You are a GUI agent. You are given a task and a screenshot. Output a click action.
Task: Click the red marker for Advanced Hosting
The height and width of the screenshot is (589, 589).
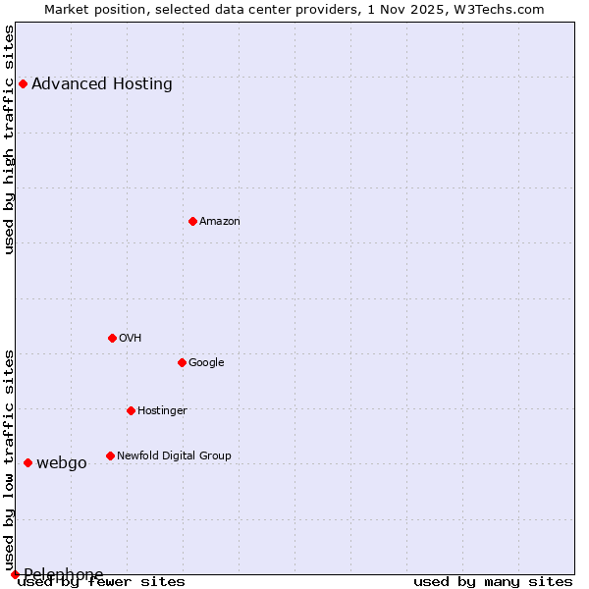click(x=23, y=83)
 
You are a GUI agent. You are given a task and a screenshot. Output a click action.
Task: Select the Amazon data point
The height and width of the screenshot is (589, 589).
click(x=192, y=221)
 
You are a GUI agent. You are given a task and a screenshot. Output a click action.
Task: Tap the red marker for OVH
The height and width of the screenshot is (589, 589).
click(x=112, y=338)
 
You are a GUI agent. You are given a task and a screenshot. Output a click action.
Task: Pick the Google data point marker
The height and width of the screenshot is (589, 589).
click(x=182, y=362)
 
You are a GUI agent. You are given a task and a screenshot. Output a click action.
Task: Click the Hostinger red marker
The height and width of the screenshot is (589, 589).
click(x=131, y=410)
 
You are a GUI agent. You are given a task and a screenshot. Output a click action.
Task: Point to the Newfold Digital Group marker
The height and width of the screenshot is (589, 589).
click(x=110, y=455)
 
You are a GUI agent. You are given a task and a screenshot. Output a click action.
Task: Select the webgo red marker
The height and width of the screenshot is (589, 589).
click(x=27, y=462)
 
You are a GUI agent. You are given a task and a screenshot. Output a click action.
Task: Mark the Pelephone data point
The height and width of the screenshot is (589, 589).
click(x=15, y=574)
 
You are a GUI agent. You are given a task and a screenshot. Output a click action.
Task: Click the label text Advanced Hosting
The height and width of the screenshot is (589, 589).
click(x=102, y=83)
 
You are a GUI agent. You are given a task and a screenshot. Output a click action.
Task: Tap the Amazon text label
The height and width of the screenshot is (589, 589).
click(x=220, y=221)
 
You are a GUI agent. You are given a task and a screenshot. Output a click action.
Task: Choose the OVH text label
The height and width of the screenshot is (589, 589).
click(x=131, y=338)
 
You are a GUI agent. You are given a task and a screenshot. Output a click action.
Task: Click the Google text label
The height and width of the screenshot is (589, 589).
click(x=206, y=362)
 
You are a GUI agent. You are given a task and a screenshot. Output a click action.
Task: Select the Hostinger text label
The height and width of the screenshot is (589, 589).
click(x=162, y=410)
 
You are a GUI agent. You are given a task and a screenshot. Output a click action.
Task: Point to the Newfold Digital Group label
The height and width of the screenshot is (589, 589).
click(x=174, y=455)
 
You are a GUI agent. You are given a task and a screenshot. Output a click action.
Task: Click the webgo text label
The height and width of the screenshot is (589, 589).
click(x=62, y=462)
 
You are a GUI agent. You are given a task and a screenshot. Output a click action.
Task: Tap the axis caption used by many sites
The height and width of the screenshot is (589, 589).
click(x=493, y=581)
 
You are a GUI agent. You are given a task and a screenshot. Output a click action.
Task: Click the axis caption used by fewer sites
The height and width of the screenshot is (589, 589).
click(x=101, y=581)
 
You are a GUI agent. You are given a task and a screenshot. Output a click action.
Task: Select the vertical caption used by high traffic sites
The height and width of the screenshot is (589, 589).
click(x=9, y=139)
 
